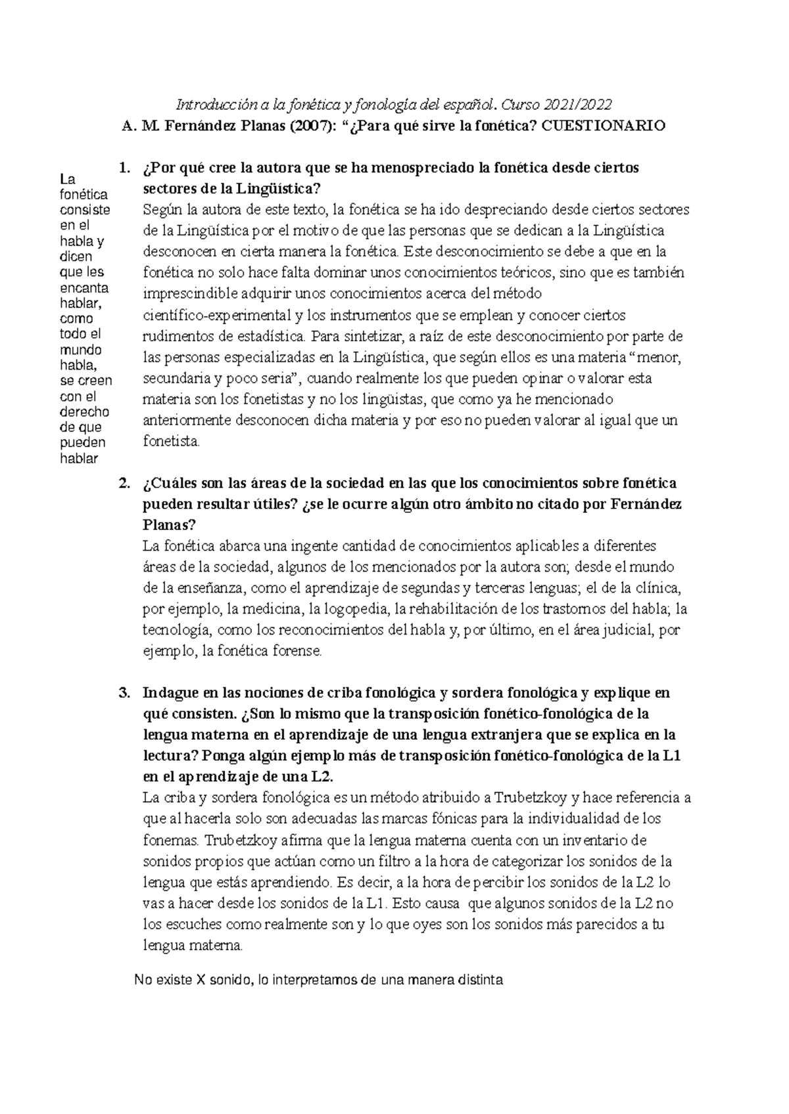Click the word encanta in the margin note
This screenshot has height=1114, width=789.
pyautogui.click(x=84, y=288)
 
